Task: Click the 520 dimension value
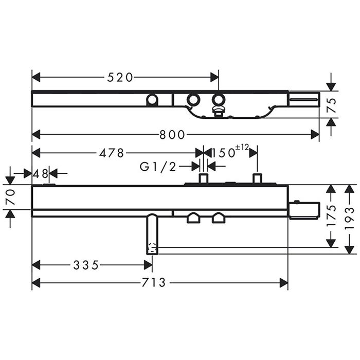tap(120, 77)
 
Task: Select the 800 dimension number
tap(172, 135)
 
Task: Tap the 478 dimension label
tap(112, 153)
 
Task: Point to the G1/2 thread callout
tap(158, 167)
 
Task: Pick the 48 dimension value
tap(41, 174)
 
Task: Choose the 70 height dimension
tap(11, 197)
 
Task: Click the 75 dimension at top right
tap(331, 105)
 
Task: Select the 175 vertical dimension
tap(331, 216)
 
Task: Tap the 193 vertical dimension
tap(349, 219)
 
